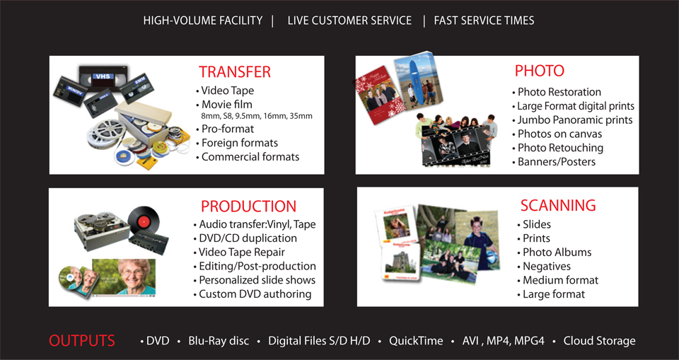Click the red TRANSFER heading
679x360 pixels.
pyautogui.click(x=235, y=72)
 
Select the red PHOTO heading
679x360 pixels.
pyautogui.click(x=540, y=71)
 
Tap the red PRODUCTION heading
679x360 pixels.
pyautogui.click(x=248, y=206)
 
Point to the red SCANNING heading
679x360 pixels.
pyautogui.click(x=558, y=205)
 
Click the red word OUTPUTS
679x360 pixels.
pyautogui.click(x=82, y=340)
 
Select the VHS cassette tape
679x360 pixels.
pyautogui.click(x=103, y=78)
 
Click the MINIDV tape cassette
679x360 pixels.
pyautogui.click(x=70, y=91)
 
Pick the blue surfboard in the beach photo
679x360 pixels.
pyautogui.click(x=417, y=82)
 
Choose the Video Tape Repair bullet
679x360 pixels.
pyautogui.click(x=238, y=252)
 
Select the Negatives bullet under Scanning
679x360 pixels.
pyautogui.click(x=543, y=266)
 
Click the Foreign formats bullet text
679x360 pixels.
pyautogui.click(x=236, y=143)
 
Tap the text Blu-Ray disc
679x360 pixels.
pyautogui.click(x=219, y=341)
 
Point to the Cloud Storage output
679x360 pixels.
pyautogui.click(x=599, y=341)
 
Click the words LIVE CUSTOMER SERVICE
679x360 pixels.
pyautogui.click(x=349, y=21)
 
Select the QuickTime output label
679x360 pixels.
pyautogui.click(x=416, y=341)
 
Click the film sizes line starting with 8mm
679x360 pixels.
pyautogui.click(x=257, y=116)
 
